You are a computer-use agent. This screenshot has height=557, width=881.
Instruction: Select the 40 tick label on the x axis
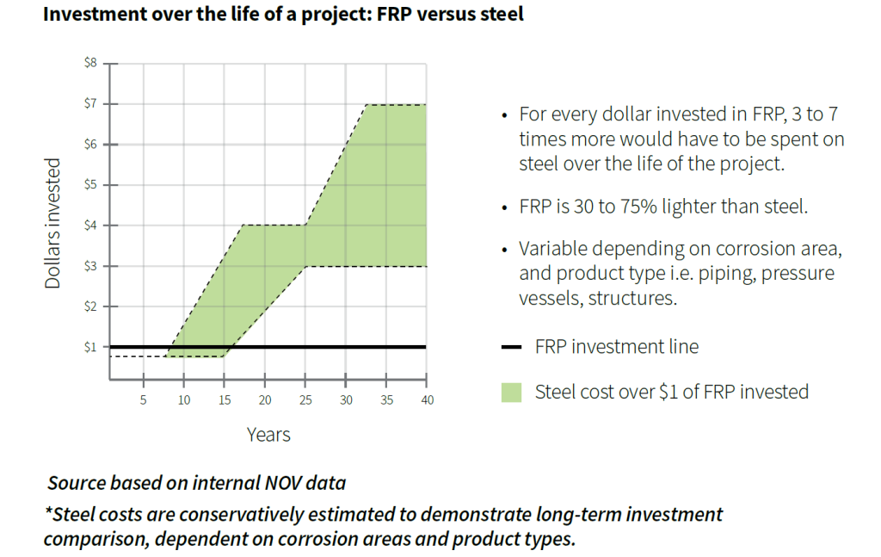(427, 400)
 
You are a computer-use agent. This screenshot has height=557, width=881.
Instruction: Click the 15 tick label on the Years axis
(225, 400)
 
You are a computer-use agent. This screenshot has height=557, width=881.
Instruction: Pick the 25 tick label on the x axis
(305, 400)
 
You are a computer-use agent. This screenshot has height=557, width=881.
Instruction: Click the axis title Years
(268, 435)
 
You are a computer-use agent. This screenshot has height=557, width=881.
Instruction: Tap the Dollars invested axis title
(53, 224)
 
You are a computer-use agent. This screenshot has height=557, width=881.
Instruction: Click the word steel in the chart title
(499, 15)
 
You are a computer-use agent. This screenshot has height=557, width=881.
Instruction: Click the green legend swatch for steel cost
(512, 393)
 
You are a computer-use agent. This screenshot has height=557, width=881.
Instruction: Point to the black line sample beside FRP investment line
(512, 347)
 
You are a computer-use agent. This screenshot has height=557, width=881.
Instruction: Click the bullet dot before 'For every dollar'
(503, 115)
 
